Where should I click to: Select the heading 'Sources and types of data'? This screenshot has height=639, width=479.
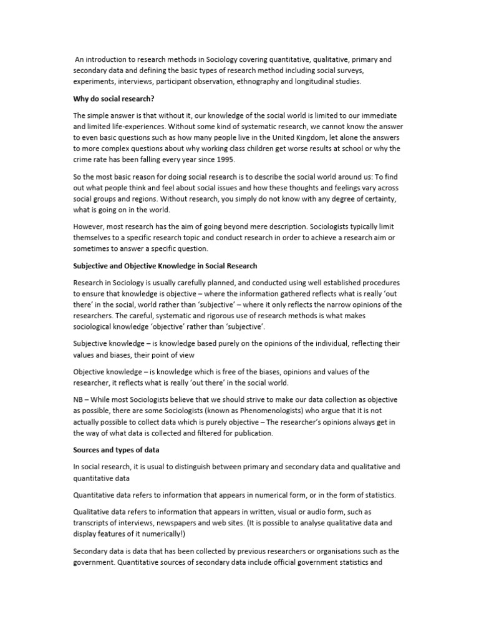pos(116,449)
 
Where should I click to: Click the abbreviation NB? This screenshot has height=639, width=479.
pos(79,399)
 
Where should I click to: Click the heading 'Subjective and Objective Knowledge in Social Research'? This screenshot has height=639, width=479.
pos(165,266)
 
